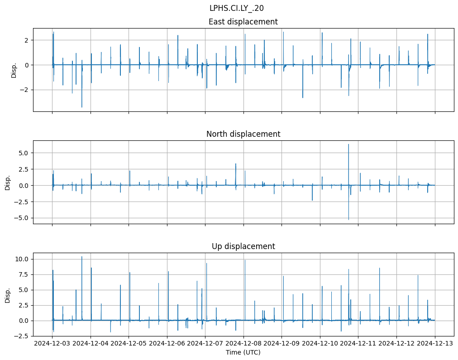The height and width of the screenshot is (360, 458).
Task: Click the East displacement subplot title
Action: click(x=243, y=22)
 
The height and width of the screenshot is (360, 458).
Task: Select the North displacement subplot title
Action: click(x=243, y=134)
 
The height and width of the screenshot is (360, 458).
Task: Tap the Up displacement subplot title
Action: click(x=243, y=246)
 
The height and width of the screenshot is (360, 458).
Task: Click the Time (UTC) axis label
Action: click(x=243, y=352)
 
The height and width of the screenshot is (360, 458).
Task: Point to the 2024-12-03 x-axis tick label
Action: click(x=52, y=344)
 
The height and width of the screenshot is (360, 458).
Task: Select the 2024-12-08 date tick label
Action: click(x=243, y=344)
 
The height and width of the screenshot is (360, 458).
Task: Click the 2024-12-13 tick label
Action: click(x=435, y=344)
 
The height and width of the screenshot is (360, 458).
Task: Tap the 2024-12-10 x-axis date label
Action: click(x=320, y=344)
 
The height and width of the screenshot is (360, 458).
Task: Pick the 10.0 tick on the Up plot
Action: click(x=21, y=259)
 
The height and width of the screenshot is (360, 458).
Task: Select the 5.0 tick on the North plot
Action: click(x=23, y=153)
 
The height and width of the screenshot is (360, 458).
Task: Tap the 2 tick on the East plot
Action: click(x=26, y=40)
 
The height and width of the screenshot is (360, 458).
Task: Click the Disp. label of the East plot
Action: click(x=14, y=70)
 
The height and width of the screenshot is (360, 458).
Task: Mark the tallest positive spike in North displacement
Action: click(x=348, y=144)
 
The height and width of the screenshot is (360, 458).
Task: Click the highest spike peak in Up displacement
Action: click(x=82, y=257)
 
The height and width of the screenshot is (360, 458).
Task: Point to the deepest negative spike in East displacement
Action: click(x=82, y=107)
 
